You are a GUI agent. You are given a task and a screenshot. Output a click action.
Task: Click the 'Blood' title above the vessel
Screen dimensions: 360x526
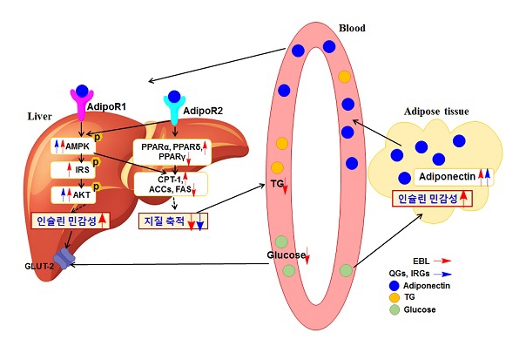point(352,29)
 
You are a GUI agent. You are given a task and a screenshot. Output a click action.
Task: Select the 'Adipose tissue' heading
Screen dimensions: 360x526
point(436,112)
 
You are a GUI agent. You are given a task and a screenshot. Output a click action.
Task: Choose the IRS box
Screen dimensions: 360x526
point(82,170)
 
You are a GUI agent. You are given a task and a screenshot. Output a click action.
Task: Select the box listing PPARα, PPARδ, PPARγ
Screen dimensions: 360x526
point(171,150)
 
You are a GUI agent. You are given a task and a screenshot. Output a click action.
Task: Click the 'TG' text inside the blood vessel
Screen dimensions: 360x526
point(279,186)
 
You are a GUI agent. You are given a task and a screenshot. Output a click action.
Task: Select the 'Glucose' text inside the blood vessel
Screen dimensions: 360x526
point(287,255)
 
